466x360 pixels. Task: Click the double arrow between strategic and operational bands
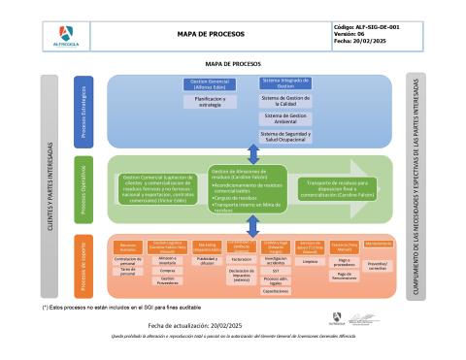[x=253, y=152]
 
